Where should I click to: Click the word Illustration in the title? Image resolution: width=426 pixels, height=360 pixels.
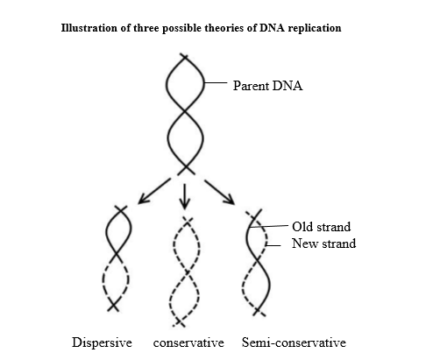tap(79, 28)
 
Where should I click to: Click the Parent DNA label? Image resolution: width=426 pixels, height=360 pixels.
tap(267, 86)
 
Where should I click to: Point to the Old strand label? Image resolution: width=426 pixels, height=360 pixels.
tap(322, 227)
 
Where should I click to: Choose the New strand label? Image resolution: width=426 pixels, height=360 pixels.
tap(323, 244)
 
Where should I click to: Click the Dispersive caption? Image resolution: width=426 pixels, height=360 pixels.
tap(102, 342)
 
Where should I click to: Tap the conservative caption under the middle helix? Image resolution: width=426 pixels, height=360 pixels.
tap(188, 342)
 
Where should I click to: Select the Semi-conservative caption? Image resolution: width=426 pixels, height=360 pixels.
tap(294, 342)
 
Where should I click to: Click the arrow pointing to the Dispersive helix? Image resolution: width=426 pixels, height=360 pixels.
tap(154, 191)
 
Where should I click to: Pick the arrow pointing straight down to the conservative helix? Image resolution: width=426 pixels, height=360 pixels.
tap(184, 196)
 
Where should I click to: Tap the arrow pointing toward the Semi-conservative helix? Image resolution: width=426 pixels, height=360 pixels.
tap(219, 192)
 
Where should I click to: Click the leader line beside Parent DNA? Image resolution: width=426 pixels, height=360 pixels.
tap(216, 83)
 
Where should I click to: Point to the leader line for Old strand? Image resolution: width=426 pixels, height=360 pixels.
tap(269, 226)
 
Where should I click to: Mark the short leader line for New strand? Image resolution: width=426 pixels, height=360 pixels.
tap(273, 245)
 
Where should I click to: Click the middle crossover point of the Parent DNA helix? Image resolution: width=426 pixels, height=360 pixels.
tap(185, 111)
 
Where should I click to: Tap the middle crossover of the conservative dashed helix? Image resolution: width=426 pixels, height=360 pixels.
tap(187, 272)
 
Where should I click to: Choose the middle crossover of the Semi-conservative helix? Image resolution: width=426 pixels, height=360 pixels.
tap(257, 258)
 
